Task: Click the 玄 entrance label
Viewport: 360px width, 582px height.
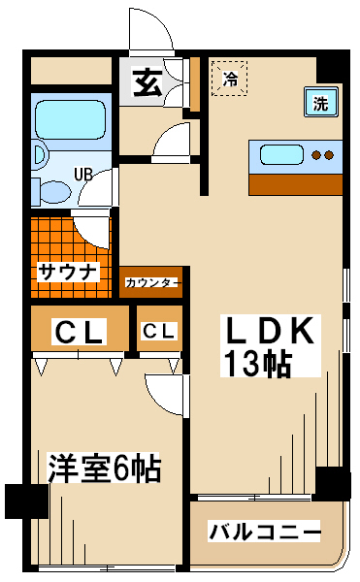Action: pos(147,82)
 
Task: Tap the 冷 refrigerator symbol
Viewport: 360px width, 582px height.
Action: pos(229,79)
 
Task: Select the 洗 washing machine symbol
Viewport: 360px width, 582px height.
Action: pos(320,103)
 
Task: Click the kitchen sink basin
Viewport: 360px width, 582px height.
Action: pos(281,155)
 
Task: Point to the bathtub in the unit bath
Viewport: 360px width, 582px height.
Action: pos(71,119)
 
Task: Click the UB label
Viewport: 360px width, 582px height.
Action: pos(82,175)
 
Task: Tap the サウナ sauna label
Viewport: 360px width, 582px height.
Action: pos(69,272)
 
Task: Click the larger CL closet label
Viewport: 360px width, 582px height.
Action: pos(79,332)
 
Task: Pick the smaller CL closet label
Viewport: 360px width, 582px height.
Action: pos(159,331)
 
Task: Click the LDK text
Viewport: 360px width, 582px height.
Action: pos(270,331)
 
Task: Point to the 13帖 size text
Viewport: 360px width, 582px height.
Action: pos(257,363)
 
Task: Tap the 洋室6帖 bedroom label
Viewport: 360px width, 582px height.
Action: pos(104,468)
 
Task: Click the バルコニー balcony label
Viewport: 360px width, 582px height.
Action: pos(264,532)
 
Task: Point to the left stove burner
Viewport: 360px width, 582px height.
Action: pos(316,155)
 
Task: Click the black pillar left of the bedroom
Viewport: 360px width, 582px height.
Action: pos(27,501)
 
